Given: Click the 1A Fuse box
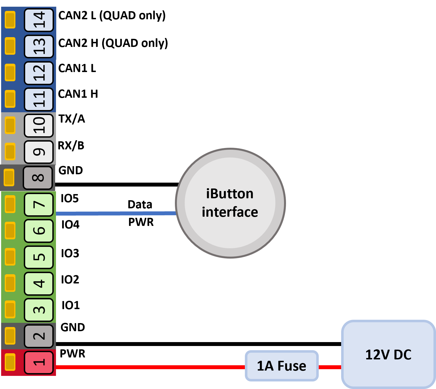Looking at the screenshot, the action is click(282, 366).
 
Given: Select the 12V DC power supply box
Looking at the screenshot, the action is click(388, 354).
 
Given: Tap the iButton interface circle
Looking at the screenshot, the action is click(230, 203).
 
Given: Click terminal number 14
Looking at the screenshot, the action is click(39, 20).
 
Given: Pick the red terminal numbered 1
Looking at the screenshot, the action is click(39, 362).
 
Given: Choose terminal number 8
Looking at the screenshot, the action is click(38, 178).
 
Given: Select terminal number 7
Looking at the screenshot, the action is click(39, 204).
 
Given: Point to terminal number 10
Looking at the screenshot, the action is click(39, 125).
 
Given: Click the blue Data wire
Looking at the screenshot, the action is click(116, 213).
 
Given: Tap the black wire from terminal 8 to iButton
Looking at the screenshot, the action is click(117, 185).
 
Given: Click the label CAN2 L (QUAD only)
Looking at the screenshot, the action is click(112, 16).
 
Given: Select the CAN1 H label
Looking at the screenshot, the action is click(78, 94).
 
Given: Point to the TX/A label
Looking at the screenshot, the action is click(72, 119).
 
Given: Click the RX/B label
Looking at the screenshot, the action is click(71, 145).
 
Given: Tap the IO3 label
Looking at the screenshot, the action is click(70, 253).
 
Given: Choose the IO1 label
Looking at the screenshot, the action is click(71, 305).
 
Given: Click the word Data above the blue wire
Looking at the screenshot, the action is click(140, 204).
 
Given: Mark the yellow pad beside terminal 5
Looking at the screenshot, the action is click(10, 257).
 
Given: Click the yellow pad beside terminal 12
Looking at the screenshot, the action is click(10, 72).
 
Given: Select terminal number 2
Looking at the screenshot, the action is click(39, 336).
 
